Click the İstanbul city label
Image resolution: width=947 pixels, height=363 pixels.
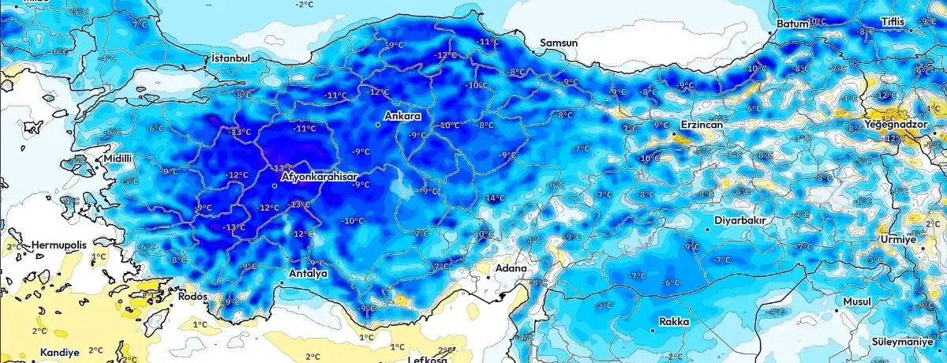(230, 58)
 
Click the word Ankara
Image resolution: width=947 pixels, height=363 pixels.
(402, 117)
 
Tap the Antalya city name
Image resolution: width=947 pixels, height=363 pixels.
(306, 274)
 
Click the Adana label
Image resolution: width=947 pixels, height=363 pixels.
(510, 268)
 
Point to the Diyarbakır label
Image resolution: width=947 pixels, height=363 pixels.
(740, 220)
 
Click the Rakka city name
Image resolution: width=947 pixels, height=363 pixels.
(675, 322)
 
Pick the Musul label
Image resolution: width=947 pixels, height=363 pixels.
(856, 302)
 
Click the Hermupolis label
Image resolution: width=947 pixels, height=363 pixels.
(58, 245)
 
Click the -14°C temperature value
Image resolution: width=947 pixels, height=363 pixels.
(494, 197)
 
